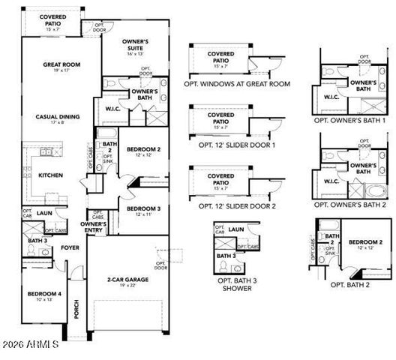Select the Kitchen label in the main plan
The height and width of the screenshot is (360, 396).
(x=50, y=175)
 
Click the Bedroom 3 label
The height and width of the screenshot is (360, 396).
(x=140, y=208)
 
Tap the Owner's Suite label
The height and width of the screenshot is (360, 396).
(x=139, y=43)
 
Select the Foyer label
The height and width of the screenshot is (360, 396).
(x=70, y=246)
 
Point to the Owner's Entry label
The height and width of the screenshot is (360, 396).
(x=94, y=226)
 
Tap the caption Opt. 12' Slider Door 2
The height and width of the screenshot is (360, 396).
(x=238, y=205)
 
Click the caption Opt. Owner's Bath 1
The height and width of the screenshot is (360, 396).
(x=350, y=120)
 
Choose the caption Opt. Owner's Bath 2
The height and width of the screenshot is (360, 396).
(x=350, y=204)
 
